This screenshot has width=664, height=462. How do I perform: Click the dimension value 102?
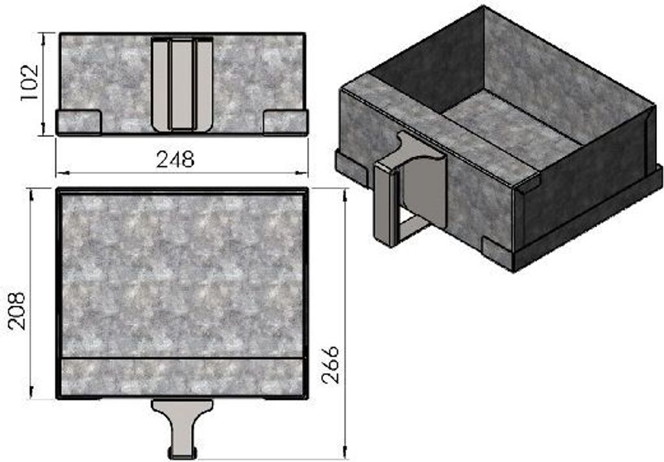tap(30, 82)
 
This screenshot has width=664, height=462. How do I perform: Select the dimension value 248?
tap(176, 159)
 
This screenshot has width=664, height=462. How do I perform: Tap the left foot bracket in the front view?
tap(78, 121)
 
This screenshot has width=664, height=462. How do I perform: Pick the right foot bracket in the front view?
tap(285, 121)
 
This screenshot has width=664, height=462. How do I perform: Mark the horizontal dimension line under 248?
tap(182, 172)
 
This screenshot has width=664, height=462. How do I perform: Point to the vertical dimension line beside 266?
tap(345, 324)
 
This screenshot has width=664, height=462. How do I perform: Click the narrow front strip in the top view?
tap(182, 376)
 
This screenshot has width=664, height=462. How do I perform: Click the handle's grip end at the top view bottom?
tap(182, 452)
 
